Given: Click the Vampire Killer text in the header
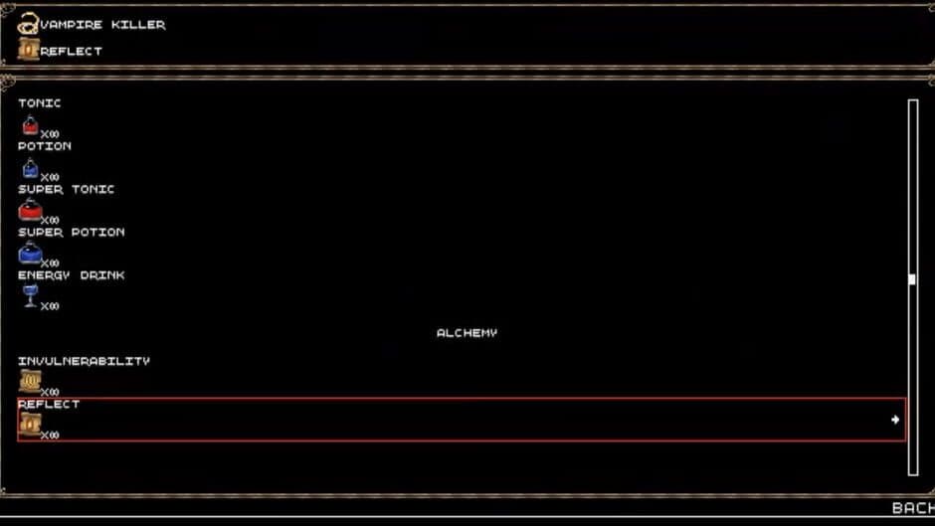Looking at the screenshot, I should [x=102, y=25].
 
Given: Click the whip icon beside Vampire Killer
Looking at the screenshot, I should [x=29, y=24].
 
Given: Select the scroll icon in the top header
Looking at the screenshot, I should [x=29, y=50].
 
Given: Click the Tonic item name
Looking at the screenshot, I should [x=40, y=103].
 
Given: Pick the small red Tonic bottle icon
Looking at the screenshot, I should [x=30, y=125].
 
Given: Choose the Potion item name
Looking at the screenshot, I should [x=45, y=146].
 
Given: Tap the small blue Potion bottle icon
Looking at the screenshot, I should [x=30, y=168].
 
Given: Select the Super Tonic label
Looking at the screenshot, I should [x=67, y=189].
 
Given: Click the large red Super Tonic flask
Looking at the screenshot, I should [x=30, y=210].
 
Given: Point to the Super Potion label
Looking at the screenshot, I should [x=72, y=232].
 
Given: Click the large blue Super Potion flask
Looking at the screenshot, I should [x=30, y=253].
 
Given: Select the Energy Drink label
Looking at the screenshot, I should [x=72, y=275].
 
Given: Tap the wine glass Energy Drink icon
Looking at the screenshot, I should [x=30, y=295].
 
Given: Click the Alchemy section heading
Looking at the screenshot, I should [x=467, y=333].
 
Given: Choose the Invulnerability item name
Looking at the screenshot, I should [x=84, y=361].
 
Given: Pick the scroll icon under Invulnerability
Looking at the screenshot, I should [x=30, y=381].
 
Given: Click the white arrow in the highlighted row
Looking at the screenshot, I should [x=895, y=420].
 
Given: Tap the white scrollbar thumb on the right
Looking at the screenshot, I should [x=912, y=279].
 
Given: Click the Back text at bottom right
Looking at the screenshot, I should [x=912, y=508].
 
